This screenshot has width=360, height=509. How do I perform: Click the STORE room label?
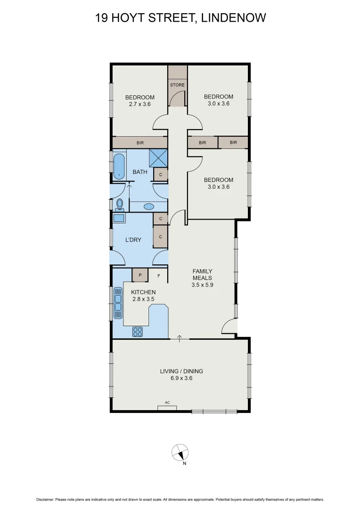pyautogui.click(x=178, y=85)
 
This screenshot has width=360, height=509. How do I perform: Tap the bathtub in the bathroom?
pyautogui.click(x=120, y=166)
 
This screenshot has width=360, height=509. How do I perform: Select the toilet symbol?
pyautogui.click(x=120, y=204)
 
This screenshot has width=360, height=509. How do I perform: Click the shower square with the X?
pyautogui.click(x=158, y=157)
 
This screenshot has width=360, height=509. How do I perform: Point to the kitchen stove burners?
pyautogui.click(x=138, y=331)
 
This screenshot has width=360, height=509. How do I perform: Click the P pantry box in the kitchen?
pyautogui.click(x=140, y=275)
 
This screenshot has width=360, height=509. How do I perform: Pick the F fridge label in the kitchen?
pyautogui.click(x=159, y=275)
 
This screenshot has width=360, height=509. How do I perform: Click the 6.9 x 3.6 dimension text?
pyautogui.click(x=181, y=378)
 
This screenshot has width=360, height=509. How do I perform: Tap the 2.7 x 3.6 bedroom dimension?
pyautogui.click(x=139, y=104)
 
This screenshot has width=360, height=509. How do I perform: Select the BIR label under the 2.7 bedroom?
pyautogui.click(x=140, y=143)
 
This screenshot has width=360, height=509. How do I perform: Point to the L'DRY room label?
pyautogui.click(x=133, y=240)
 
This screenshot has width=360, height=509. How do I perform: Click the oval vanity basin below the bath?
pyautogui.click(x=148, y=206)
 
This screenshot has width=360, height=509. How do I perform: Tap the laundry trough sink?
pyautogui.click(x=118, y=218)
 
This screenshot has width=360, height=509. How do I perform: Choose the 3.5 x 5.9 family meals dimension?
pyautogui.click(x=202, y=285)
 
